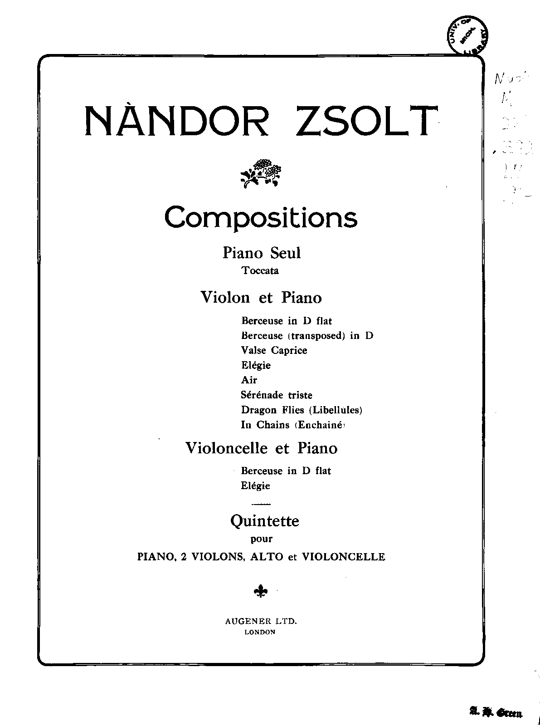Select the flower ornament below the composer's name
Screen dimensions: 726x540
261,172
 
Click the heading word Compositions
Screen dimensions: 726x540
261,218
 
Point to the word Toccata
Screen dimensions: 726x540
260,271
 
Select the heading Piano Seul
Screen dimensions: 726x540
261,252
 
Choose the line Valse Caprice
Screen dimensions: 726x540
274,350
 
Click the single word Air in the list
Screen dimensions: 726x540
249,380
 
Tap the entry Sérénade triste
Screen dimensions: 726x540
277,395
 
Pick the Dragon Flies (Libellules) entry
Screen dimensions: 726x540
302,410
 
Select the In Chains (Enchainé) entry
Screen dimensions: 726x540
293,425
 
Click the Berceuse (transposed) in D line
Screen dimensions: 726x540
307,336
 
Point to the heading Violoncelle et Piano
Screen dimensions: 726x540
261,448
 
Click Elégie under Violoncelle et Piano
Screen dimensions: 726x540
255,486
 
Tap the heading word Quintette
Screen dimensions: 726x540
264,521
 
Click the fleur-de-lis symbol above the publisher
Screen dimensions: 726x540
261,591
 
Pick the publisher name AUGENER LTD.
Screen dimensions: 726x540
261,622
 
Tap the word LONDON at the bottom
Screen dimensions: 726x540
260,632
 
